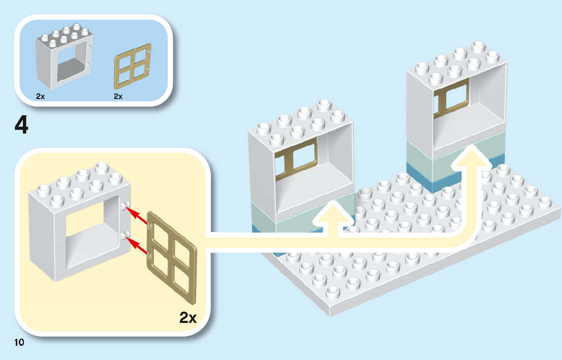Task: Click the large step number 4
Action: [21, 126]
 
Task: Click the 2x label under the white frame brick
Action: [41, 96]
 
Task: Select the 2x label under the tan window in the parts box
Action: [118, 96]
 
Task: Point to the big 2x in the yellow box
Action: [188, 318]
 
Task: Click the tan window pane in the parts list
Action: [132, 67]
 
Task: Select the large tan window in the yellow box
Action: [171, 256]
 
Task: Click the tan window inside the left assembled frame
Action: [296, 162]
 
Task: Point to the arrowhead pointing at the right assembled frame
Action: [472, 155]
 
